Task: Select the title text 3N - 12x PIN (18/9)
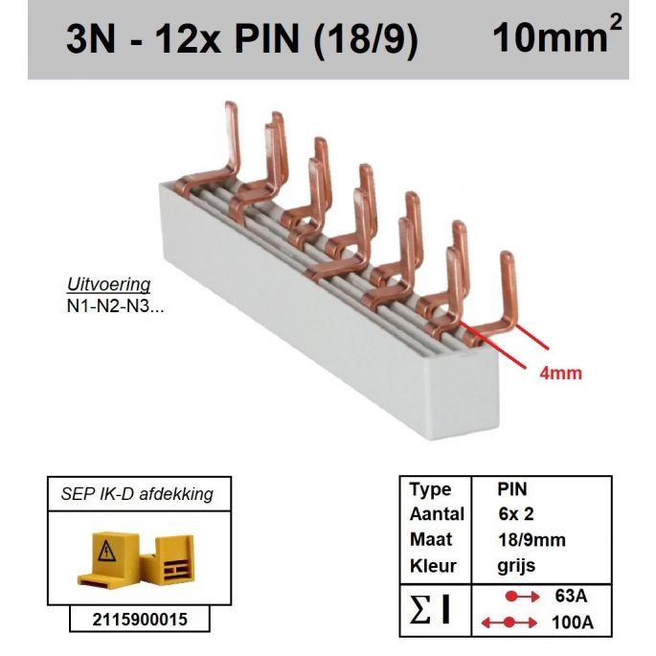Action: [x=242, y=41]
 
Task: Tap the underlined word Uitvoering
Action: [x=109, y=285]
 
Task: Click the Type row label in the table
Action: [x=430, y=489]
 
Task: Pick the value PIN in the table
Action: [x=512, y=489]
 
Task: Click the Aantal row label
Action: [x=437, y=514]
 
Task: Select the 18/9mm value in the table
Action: [x=532, y=540]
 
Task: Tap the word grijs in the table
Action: [x=517, y=565]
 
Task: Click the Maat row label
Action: [x=430, y=540]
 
